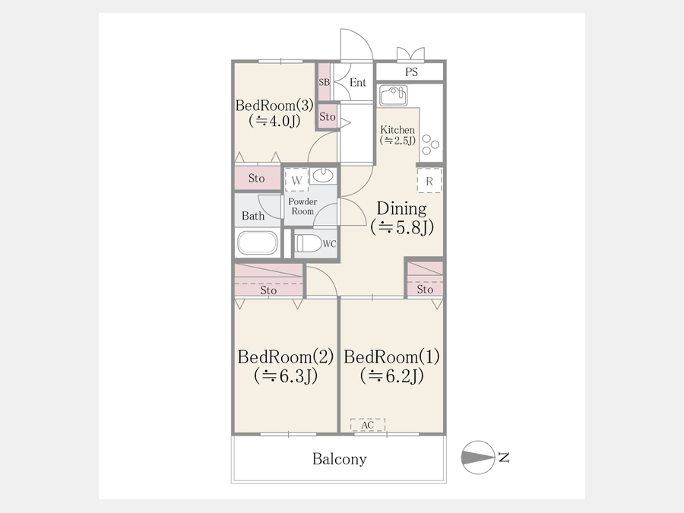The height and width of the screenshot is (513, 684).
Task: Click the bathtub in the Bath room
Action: tap(258, 242)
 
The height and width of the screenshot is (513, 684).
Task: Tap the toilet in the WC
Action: tap(309, 243)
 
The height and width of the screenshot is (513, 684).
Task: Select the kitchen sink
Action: tap(393, 96)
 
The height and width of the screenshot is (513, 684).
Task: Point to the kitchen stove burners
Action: tap(431, 144)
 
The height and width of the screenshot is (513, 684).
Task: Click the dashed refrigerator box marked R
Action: tap(429, 181)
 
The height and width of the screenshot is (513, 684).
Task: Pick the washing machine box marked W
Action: tap(296, 179)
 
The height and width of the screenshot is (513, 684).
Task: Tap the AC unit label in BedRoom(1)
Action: tap(368, 424)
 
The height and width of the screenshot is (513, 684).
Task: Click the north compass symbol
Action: tap(478, 458)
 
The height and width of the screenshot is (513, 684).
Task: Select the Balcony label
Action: tap(340, 459)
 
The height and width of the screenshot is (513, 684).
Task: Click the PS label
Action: tap(411, 71)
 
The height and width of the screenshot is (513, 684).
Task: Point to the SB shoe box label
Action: tap(324, 82)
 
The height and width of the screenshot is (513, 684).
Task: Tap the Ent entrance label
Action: tap(358, 82)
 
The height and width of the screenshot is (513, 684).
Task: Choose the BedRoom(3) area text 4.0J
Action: tap(274, 121)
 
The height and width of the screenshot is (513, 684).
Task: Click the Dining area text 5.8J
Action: tap(402, 227)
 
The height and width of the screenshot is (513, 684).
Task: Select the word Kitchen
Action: tap(397, 129)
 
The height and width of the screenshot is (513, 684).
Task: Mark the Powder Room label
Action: tap(302, 206)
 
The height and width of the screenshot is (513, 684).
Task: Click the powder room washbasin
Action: tap(323, 176)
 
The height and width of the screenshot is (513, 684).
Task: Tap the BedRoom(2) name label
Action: tap(286, 357)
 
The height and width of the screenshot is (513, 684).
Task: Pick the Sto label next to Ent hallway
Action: tap(328, 116)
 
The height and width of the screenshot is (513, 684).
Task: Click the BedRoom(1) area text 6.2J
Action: tap(391, 375)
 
